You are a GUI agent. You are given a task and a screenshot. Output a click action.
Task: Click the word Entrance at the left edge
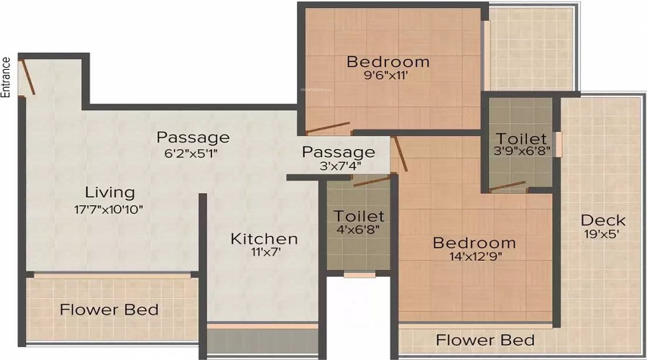[5, 77]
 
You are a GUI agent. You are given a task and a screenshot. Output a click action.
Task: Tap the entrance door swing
[28, 77]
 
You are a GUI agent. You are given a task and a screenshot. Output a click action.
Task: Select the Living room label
[110, 193]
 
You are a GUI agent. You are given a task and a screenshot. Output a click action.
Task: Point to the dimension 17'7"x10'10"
[109, 209]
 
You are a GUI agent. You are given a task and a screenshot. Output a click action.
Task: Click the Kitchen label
[264, 239]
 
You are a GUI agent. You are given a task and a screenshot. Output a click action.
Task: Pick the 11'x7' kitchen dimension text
[264, 252]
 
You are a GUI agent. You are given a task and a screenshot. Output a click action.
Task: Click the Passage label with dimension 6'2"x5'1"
[193, 138]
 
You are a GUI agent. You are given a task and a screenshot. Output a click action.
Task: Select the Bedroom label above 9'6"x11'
[388, 62]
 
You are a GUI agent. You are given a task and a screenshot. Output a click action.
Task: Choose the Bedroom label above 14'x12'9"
[474, 243]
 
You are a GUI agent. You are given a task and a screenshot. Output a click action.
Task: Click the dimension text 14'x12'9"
[476, 256]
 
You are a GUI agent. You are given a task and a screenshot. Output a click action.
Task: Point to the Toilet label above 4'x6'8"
[359, 216]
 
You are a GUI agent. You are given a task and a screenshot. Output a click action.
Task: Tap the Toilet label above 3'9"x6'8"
[521, 138]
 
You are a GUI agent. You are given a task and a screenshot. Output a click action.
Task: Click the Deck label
[603, 220]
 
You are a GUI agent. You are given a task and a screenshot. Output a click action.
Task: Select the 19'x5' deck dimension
[602, 234]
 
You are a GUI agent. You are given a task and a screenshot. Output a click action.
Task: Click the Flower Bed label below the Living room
[109, 310]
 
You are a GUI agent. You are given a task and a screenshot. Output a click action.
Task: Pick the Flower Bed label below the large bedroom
[485, 340]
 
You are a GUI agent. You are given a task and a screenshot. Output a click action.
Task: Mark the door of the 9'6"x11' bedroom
[328, 127]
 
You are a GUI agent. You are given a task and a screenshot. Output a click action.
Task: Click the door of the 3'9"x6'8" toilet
[507, 186]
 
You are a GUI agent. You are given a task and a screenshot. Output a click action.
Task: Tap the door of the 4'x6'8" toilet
[372, 181]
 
